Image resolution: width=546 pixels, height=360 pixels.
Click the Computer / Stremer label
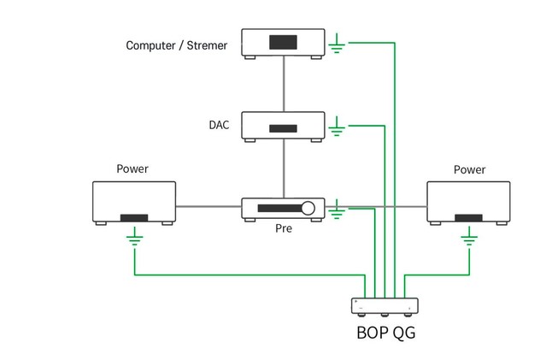point(177,45)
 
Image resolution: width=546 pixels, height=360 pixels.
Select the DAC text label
point(219,125)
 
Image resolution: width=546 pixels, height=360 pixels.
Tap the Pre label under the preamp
point(283,229)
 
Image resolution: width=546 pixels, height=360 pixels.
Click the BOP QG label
point(385,332)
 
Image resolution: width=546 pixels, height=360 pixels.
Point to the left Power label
point(132,168)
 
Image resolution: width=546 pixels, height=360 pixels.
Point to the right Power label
point(469,169)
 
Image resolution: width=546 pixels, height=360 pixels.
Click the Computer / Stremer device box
point(283,43)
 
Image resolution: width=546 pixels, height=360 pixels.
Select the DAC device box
point(283,126)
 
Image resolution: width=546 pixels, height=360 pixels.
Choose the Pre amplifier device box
point(283,208)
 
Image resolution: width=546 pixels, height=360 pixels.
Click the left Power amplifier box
point(134,202)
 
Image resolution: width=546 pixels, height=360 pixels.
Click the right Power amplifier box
point(468,202)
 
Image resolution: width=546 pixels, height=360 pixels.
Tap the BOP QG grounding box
point(385,305)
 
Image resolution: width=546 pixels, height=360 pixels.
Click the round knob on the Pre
point(308,208)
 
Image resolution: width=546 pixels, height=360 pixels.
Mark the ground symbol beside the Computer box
point(338,44)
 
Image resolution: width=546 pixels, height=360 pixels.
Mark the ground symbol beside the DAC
point(338,127)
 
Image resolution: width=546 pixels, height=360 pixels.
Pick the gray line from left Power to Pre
point(208,206)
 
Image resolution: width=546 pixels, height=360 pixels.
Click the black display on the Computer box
point(283,42)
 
